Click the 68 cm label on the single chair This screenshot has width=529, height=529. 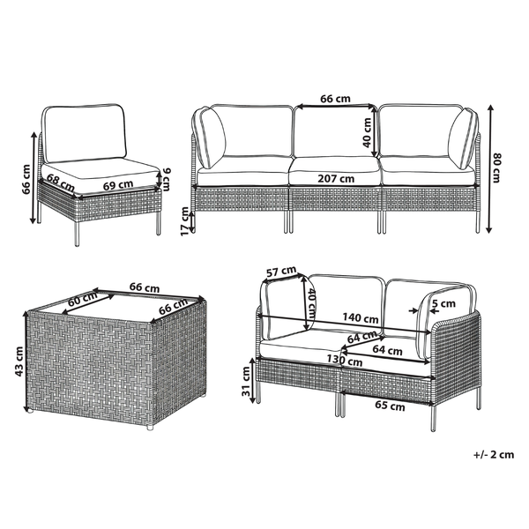pos(60,180)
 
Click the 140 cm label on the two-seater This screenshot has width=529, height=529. pos(361,319)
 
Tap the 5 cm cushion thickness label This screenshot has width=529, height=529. pos(444,304)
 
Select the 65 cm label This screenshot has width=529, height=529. pos(390,406)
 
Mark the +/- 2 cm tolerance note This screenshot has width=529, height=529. pos(492,455)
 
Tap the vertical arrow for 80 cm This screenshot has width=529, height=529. pos(488,168)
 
